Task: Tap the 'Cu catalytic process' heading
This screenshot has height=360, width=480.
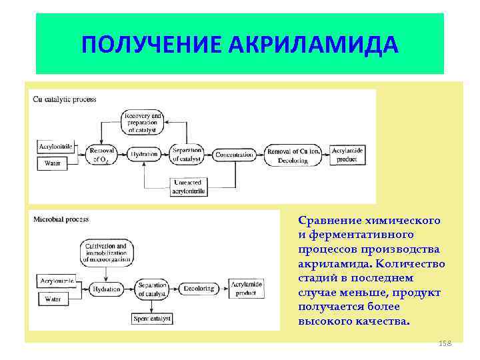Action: [x=65, y=99]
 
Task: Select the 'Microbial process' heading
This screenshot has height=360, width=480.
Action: [x=61, y=219]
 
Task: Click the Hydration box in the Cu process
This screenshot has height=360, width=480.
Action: [x=145, y=154]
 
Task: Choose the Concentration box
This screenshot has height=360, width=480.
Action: [x=235, y=155]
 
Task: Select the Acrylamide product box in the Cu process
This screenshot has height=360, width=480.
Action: [x=350, y=155]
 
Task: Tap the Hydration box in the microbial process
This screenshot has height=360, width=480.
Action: [x=107, y=289]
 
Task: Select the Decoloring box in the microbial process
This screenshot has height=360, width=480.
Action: [x=197, y=289]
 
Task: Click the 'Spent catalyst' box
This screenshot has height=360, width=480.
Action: [x=152, y=319]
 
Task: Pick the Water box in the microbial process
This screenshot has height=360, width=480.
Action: [x=53, y=299]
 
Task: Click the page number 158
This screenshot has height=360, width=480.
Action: [x=445, y=343]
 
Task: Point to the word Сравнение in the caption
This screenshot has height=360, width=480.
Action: [x=330, y=221]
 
